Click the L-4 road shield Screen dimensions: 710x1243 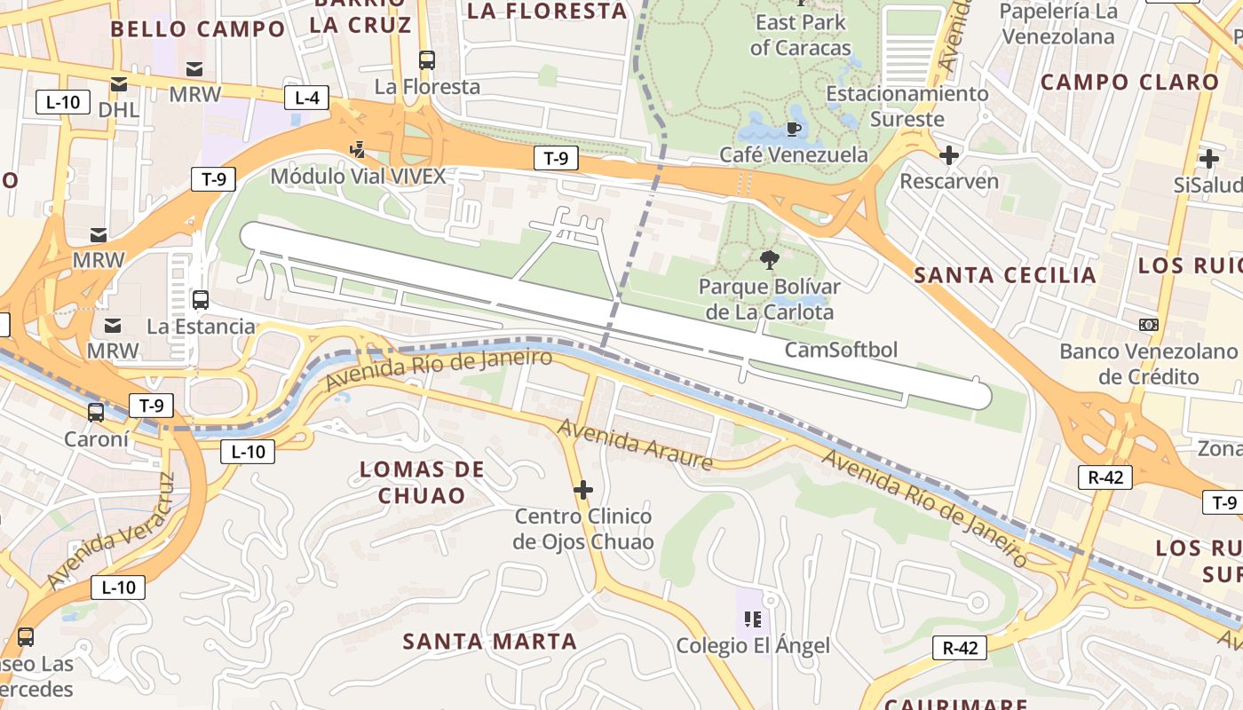click(x=306, y=98)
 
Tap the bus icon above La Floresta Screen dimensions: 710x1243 click(x=427, y=60)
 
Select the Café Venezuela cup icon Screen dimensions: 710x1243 click(x=794, y=130)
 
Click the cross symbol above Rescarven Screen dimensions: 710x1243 click(x=949, y=156)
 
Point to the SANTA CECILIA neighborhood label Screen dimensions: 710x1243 click(x=1005, y=275)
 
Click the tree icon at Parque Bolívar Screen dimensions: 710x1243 click(x=769, y=260)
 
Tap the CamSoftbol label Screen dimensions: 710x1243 click(x=841, y=350)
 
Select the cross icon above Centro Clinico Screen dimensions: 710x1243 click(x=583, y=490)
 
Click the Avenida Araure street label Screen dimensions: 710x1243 click(x=635, y=445)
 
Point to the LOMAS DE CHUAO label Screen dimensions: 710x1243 click(x=422, y=482)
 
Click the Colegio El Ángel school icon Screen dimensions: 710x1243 click(x=753, y=619)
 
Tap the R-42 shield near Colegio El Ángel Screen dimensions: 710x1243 click(x=960, y=648)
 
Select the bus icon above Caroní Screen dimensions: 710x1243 click(x=96, y=413)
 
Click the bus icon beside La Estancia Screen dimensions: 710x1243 click(x=201, y=300)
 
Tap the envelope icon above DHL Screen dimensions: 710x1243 click(x=118, y=84)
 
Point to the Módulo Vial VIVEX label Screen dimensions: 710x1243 click(x=358, y=176)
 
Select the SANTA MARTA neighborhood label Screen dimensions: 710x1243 click(x=490, y=641)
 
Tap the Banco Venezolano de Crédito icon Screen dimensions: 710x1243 click(x=1149, y=325)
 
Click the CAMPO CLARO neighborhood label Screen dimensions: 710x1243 click(x=1129, y=83)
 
